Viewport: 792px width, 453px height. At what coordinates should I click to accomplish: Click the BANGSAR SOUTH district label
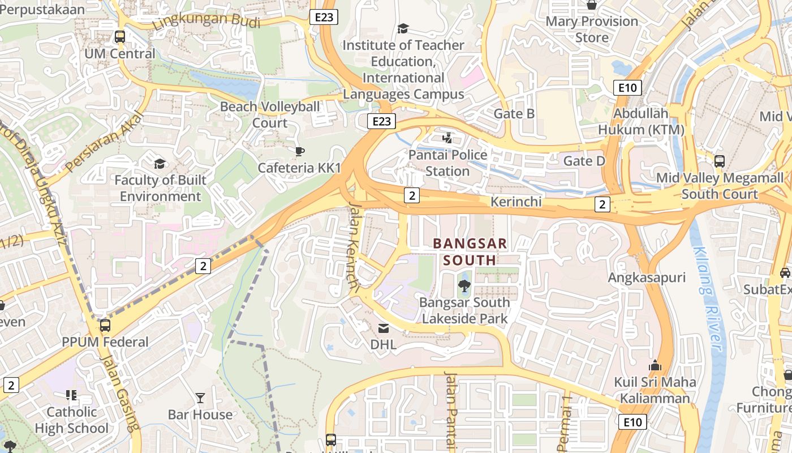tap(470, 252)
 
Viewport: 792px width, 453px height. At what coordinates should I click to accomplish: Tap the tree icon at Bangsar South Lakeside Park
tap(464, 286)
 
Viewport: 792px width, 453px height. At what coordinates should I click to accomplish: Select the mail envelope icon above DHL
tap(384, 328)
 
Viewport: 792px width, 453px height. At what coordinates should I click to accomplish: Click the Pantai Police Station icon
tap(447, 138)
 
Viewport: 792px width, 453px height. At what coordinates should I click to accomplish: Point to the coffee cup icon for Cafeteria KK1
tap(299, 151)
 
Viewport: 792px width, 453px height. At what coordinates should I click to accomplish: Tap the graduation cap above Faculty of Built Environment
tap(160, 164)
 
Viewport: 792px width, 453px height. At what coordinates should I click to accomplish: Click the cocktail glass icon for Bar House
tap(200, 398)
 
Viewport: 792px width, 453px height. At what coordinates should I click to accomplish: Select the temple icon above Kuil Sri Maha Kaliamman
tap(655, 365)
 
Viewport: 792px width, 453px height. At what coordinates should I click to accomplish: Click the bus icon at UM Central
tap(119, 37)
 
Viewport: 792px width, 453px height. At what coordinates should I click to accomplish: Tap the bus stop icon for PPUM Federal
tap(105, 326)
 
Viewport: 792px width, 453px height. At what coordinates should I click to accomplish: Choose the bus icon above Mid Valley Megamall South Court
tap(719, 161)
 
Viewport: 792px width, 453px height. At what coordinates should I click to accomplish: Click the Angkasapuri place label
tap(647, 277)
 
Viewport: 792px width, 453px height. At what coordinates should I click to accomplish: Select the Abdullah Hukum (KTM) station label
tap(641, 121)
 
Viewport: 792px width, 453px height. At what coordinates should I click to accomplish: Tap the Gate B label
tap(514, 114)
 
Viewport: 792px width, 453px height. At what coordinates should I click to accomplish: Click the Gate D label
tap(584, 161)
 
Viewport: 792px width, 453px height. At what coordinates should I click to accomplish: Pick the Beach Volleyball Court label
tap(270, 114)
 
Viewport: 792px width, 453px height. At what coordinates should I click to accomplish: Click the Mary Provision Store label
tap(592, 29)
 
